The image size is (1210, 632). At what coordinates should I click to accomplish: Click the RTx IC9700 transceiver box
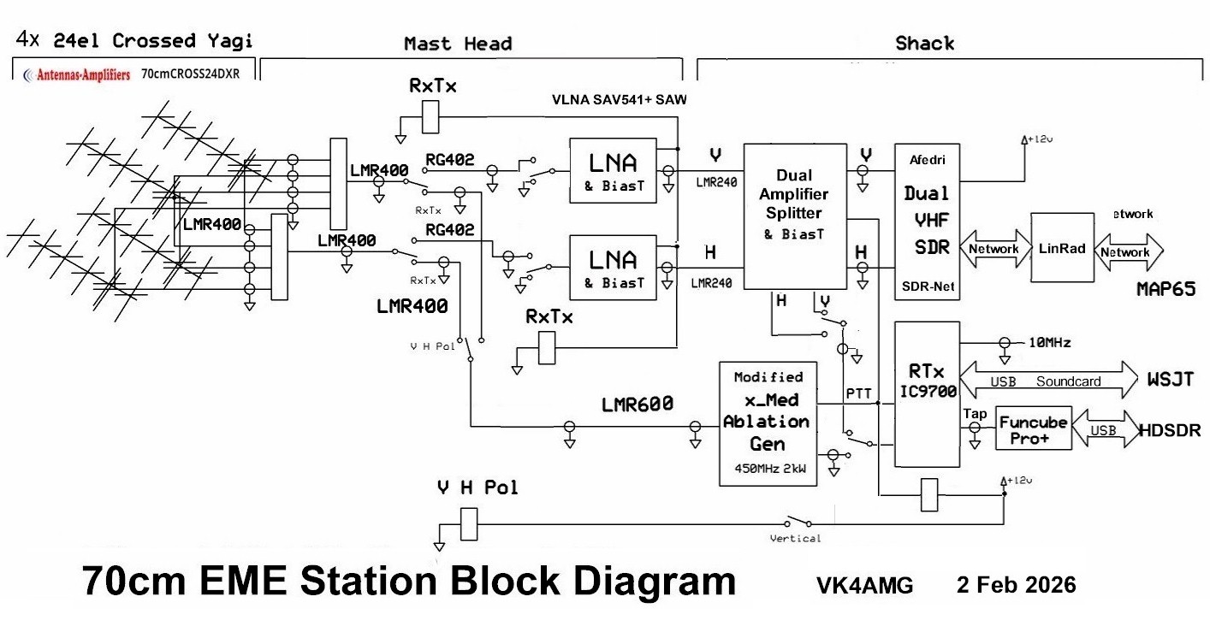click(x=926, y=394)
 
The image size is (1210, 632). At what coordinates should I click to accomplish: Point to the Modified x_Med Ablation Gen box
click(x=767, y=422)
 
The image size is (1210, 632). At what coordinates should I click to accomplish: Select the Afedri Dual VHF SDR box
click(x=926, y=221)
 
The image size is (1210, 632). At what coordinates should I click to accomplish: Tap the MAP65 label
click(x=1166, y=290)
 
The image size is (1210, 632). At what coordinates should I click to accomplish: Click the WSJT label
click(x=1170, y=378)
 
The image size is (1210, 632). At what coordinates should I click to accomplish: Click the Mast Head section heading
click(x=458, y=43)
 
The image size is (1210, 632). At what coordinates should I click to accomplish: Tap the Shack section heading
click(x=924, y=43)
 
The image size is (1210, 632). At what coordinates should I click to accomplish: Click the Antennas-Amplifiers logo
click(x=77, y=74)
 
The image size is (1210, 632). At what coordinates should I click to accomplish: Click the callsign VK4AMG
click(x=864, y=586)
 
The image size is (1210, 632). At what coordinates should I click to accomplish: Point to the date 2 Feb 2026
click(x=1016, y=585)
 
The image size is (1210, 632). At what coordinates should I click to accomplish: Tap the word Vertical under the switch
click(x=795, y=538)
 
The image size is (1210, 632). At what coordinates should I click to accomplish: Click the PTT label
click(x=859, y=392)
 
